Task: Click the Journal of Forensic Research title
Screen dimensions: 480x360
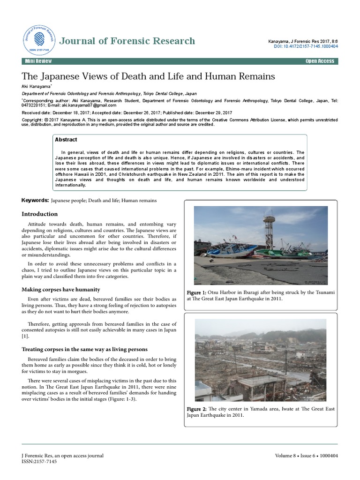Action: pyautogui.click(x=127, y=41)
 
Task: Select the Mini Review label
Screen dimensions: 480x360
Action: pyautogui.click(x=39, y=61)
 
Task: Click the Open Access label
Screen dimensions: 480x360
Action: pyautogui.click(x=320, y=61)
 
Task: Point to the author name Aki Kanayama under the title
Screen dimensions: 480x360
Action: pyautogui.click(x=36, y=86)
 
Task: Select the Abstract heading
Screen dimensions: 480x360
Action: pyautogui.click(x=66, y=140)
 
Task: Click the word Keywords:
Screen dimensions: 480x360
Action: pyautogui.click(x=35, y=201)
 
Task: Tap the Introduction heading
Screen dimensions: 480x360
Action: pyautogui.click(x=40, y=214)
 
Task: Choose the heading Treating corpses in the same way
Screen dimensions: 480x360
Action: pyautogui.click(x=85, y=349)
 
